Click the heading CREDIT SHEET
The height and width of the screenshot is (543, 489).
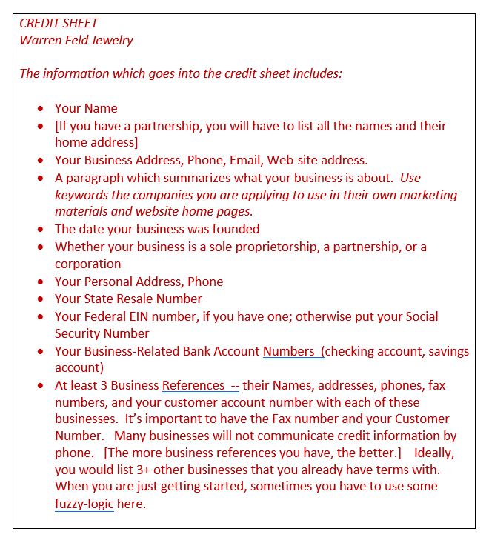(59, 23)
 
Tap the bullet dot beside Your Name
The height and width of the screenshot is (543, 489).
(41, 109)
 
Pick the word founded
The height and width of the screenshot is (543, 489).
(235, 229)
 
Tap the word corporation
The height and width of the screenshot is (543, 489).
(87, 264)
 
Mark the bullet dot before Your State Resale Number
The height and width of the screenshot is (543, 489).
(41, 299)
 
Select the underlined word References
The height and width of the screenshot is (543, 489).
(193, 385)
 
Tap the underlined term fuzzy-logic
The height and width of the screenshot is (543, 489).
(84, 504)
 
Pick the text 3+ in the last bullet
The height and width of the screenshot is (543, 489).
(124, 469)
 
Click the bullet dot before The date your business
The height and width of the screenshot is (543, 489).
(41, 230)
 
